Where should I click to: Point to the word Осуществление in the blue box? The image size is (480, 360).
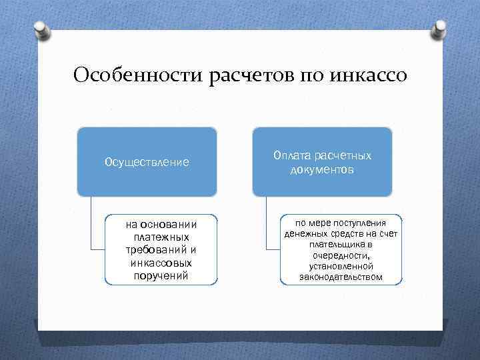(147, 162)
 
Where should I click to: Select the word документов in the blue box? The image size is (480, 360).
(322, 170)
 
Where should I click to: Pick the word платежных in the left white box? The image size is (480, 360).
(161, 237)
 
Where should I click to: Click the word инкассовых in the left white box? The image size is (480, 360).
(161, 263)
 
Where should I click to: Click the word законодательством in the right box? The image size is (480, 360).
(341, 277)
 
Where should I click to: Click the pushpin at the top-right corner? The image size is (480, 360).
(440, 30)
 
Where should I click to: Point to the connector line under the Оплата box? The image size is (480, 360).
(267, 227)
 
